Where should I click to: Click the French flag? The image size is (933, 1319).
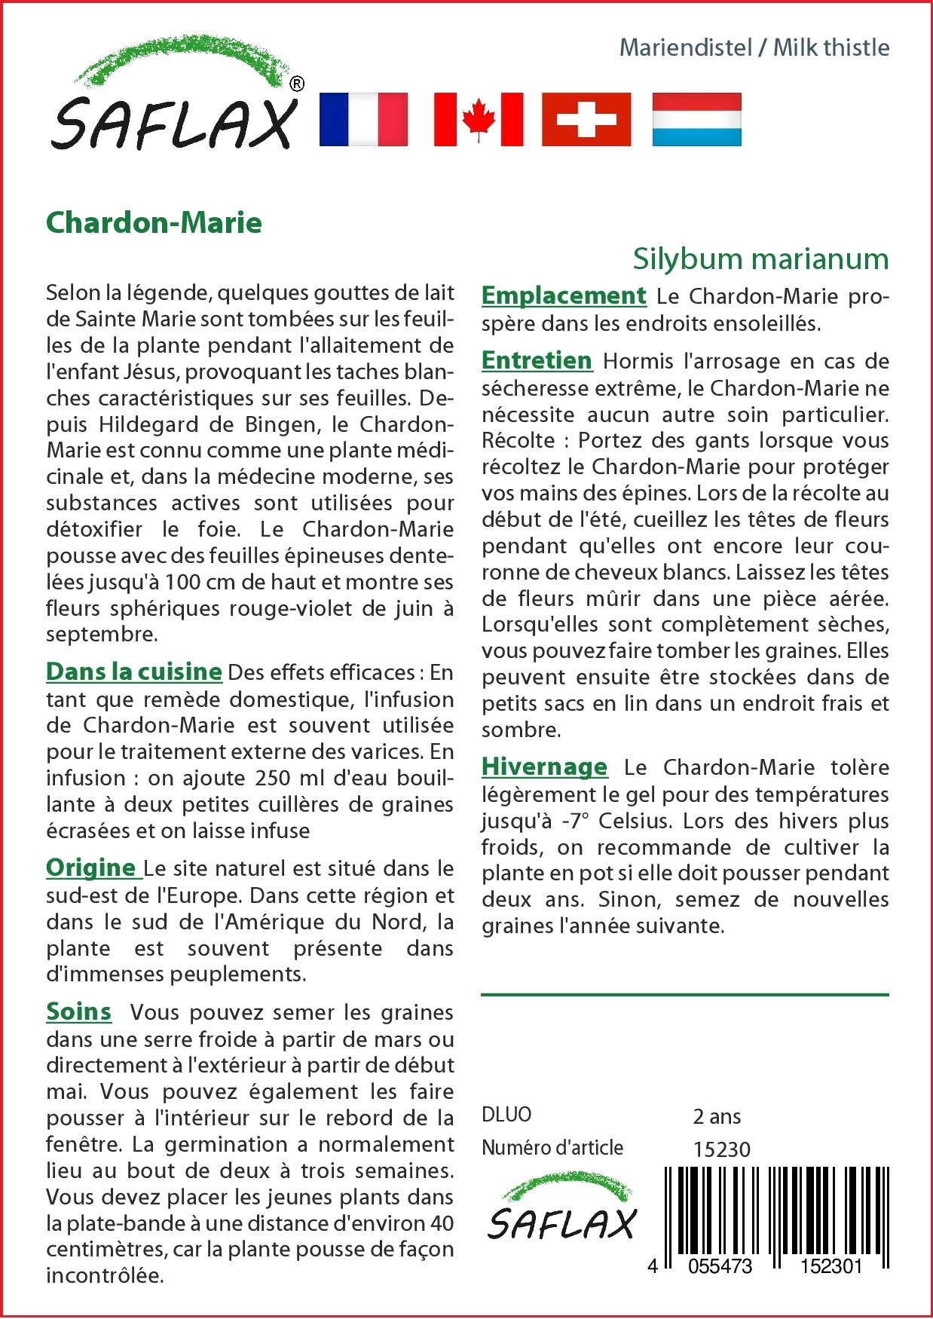363,119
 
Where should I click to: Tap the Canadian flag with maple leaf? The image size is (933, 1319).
479,119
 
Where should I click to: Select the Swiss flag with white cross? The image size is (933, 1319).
586,119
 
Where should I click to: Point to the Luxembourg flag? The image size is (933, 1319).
696,119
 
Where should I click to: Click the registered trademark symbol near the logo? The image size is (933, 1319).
297,84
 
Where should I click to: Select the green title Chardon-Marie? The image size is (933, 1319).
154,223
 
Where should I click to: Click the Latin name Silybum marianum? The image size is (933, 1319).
760,259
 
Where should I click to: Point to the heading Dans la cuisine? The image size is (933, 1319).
134,671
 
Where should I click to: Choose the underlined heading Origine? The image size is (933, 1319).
91,868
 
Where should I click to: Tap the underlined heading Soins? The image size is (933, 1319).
78,1011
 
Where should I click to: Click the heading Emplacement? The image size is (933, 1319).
564,295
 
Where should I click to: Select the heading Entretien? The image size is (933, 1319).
537,360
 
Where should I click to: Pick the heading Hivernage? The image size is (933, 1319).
544,767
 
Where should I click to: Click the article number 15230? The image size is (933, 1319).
721,1149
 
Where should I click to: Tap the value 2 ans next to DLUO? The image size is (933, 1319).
717,1116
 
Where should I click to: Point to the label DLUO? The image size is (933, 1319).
506,1115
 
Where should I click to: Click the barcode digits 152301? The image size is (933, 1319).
831,1266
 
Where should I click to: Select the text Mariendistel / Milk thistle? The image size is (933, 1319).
754,47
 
